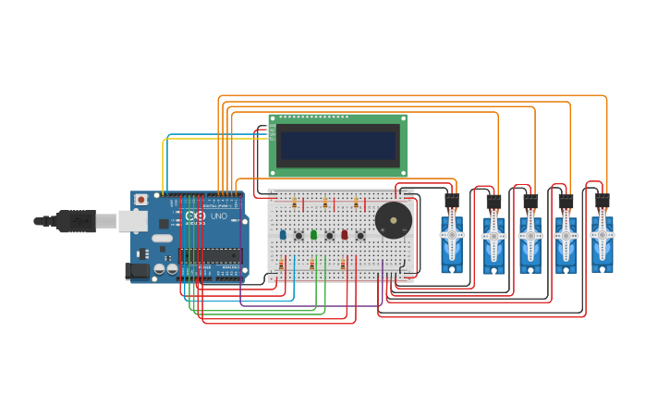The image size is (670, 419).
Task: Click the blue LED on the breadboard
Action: click(x=283, y=235)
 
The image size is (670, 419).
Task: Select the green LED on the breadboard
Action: click(x=313, y=235)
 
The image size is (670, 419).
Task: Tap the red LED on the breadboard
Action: click(x=344, y=235)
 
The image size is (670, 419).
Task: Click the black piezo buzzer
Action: click(x=394, y=221)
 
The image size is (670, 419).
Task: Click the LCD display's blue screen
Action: click(x=337, y=145)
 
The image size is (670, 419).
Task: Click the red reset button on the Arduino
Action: click(x=140, y=200)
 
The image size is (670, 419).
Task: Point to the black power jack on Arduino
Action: click(x=137, y=270)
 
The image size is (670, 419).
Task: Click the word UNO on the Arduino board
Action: click(x=219, y=216)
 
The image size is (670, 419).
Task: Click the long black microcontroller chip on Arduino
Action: click(x=211, y=255)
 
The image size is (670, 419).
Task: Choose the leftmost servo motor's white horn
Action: click(x=452, y=235)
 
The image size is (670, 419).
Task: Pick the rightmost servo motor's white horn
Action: click(x=602, y=235)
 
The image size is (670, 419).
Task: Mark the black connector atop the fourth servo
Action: click(x=566, y=202)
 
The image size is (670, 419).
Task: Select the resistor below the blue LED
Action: click(x=282, y=264)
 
